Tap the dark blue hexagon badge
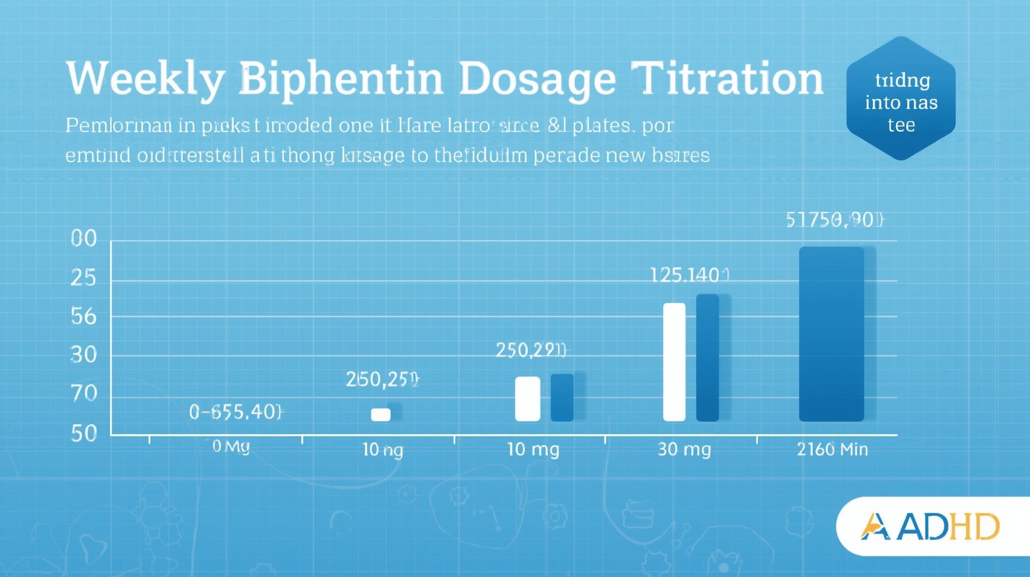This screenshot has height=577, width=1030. pos(901,99)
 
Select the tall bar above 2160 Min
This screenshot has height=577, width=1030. pos(831,334)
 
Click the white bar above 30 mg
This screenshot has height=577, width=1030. pos(674,361)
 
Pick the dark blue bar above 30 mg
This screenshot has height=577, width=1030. pos(707,357)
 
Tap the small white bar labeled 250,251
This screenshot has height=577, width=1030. pos(380,414)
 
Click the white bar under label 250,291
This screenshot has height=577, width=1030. pos(527,399)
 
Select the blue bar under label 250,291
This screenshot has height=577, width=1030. pos(562,397)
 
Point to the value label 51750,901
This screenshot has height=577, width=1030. pos(835,220)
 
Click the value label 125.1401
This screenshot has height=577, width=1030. pos(689,276)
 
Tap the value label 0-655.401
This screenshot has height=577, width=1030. pos(236,411)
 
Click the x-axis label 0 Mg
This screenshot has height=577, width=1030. pos(231,446)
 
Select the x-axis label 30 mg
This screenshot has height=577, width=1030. pos(684,449)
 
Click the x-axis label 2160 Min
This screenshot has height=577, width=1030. pos(832,449)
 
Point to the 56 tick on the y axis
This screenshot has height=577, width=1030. pos(83,316)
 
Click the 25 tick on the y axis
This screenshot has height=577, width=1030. pos(83,278)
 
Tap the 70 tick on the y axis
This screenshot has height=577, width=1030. pos(84,393)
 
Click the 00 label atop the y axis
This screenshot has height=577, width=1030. pos(84,239)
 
